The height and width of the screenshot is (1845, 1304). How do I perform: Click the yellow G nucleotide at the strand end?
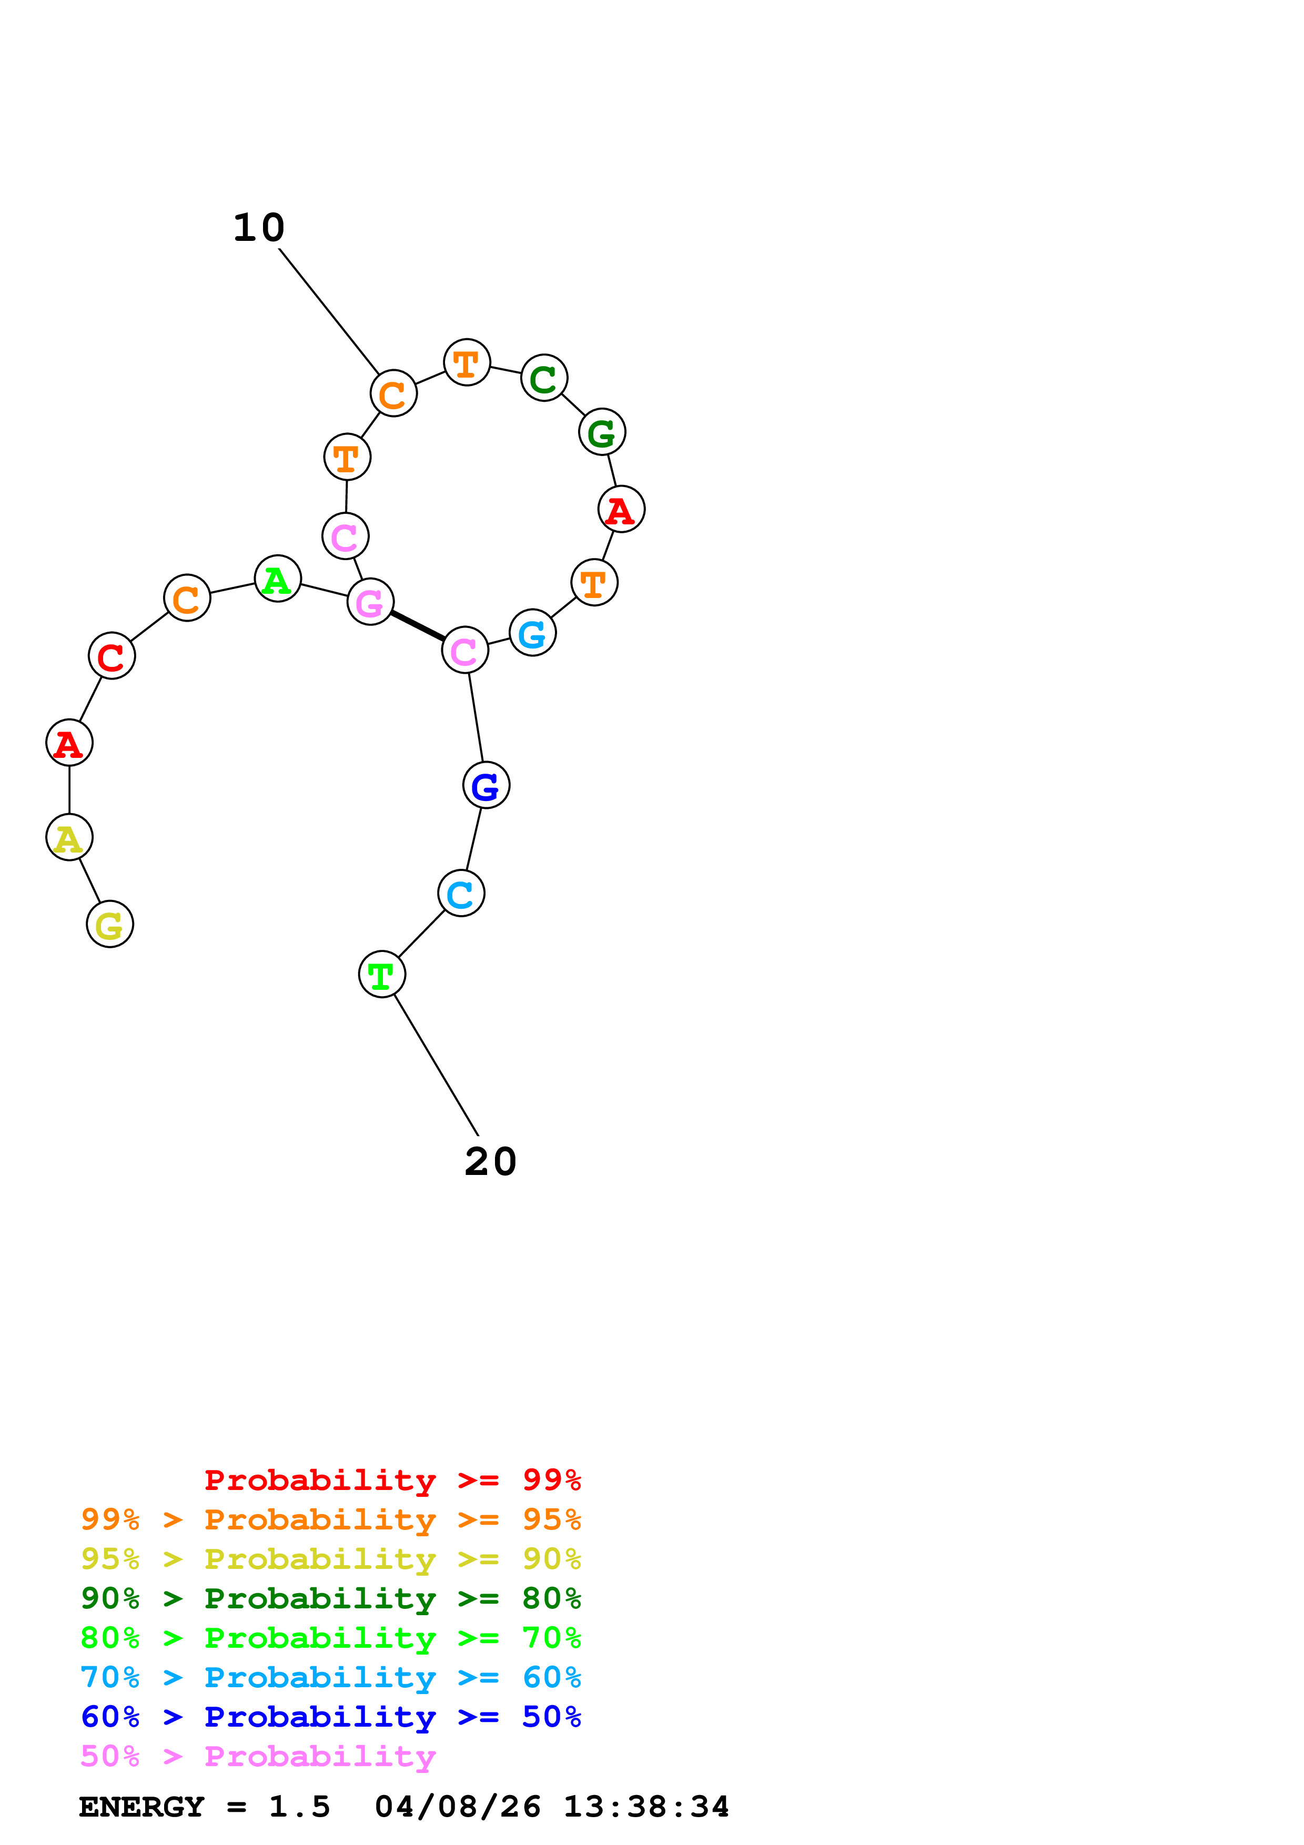point(109,924)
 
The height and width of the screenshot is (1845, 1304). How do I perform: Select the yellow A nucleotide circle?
point(69,837)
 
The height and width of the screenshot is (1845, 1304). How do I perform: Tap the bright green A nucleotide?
point(277,579)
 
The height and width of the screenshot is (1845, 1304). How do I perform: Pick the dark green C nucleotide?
point(544,378)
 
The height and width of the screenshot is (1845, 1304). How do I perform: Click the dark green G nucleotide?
point(602,431)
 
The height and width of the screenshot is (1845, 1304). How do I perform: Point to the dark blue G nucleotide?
point(486,785)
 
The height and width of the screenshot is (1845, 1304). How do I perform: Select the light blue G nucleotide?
point(533,632)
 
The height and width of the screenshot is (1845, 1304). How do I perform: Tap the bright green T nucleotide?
point(382,974)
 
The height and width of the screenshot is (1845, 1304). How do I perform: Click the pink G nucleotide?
point(370,601)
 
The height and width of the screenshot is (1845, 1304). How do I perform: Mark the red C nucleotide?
point(112,656)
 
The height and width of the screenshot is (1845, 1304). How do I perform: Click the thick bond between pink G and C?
point(417,626)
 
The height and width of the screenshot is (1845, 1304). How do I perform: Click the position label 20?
point(490,1162)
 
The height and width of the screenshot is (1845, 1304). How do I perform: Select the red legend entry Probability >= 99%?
point(392,1479)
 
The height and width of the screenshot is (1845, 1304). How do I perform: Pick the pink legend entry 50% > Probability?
point(258,1756)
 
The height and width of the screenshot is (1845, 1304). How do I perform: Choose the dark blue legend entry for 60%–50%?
point(330,1717)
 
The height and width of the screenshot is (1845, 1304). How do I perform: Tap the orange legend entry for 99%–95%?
point(330,1519)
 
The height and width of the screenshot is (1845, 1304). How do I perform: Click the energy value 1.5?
point(299,1807)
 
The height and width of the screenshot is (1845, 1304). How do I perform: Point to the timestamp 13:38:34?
point(645,1807)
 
